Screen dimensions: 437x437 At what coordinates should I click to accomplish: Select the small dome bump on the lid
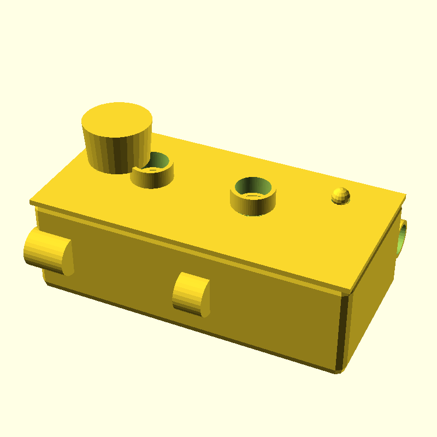click(340, 194)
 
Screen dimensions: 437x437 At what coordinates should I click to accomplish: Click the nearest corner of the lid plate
click(350, 290)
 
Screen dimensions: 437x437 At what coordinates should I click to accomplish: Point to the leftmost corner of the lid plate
click(31, 203)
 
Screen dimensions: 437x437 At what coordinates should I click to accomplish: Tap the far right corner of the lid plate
click(405, 195)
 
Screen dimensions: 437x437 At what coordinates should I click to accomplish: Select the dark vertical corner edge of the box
click(343, 333)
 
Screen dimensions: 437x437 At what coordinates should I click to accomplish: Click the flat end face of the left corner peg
click(68, 257)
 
